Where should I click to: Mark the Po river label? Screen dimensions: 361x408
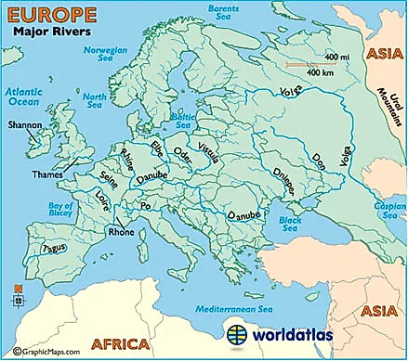tap(145, 205)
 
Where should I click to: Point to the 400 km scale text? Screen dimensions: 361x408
tap(321, 71)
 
